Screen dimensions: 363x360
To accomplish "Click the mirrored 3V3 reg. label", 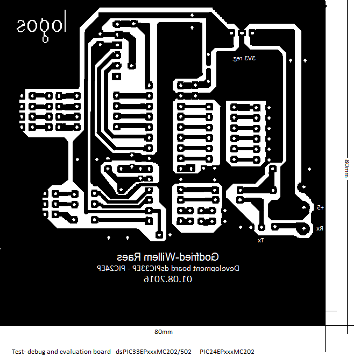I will [244, 58].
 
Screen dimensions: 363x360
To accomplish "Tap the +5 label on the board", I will [320, 207].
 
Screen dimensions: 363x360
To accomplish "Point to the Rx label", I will [320, 228].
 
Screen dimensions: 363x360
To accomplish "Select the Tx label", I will [261, 240].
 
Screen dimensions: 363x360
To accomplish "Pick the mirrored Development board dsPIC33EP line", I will [167, 268].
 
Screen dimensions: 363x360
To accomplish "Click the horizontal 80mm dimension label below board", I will [163, 332].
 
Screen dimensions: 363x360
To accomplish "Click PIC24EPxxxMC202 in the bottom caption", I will [227, 352].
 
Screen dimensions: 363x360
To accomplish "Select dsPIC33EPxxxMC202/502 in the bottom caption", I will [153, 352].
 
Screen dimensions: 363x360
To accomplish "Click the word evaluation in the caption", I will [77, 352].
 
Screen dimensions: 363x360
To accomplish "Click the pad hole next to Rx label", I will [306, 228].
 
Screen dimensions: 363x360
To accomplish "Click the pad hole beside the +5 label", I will [308, 207].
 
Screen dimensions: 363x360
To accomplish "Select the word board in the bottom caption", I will [101, 352].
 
